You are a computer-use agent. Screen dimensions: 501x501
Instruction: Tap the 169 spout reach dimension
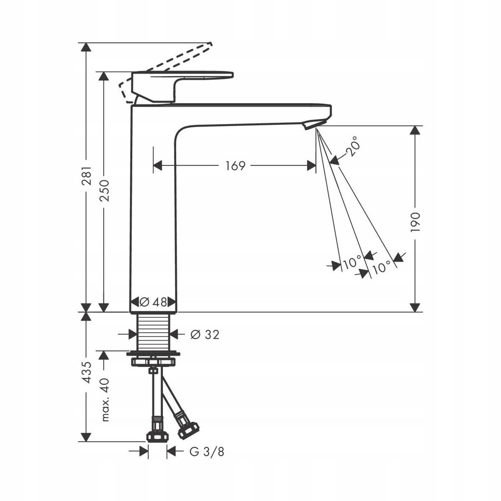click(235, 166)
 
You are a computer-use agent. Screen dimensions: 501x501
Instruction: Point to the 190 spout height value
click(415, 222)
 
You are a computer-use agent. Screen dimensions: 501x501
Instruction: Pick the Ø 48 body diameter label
click(153, 302)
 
